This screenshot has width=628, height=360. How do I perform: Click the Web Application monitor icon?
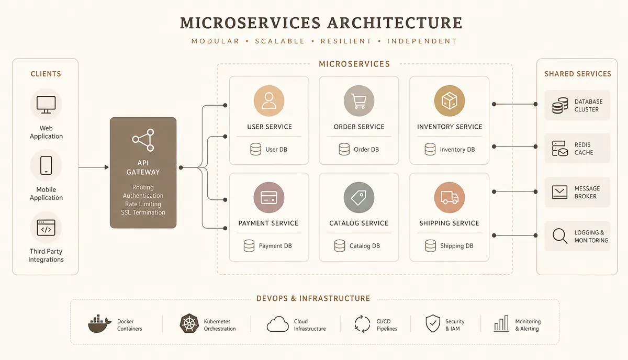46,105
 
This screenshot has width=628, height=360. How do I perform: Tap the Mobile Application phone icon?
46,165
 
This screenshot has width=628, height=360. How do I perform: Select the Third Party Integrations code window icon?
46,228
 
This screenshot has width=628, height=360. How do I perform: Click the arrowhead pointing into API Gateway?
107,167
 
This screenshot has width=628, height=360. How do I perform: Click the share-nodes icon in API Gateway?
143,140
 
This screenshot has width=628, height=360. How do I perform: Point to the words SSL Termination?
143,212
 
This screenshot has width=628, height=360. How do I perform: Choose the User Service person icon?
269,100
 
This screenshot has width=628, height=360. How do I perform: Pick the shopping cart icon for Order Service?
359,101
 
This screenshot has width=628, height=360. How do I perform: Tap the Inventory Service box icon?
450,100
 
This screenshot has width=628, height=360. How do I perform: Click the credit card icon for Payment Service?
269,197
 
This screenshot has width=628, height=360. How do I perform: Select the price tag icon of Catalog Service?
358,197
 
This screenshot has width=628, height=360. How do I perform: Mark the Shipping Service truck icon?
450,197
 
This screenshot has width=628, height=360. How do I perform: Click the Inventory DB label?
457,150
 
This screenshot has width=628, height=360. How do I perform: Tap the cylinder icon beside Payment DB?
249,245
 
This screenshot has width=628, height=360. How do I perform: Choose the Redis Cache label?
584,149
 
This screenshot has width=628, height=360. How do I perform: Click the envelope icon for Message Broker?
559,192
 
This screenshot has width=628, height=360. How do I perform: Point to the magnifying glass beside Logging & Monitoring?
559,236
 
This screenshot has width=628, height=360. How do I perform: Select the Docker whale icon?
99,323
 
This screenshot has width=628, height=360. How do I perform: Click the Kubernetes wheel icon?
189,323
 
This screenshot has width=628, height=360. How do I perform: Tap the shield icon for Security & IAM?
433,323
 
